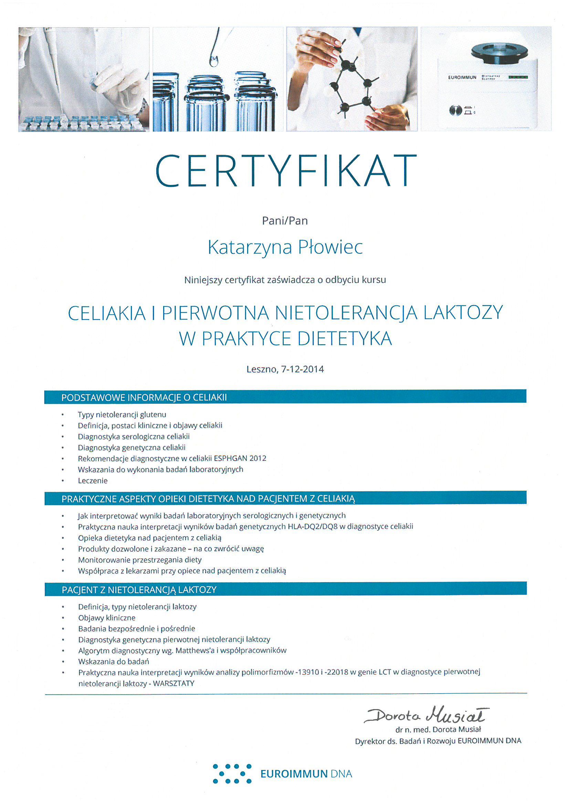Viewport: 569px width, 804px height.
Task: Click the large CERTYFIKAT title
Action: (285, 171)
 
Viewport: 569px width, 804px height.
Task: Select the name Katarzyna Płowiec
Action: (285, 247)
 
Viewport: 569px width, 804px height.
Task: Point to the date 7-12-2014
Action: (302, 369)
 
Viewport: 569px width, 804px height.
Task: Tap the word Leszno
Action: (262, 369)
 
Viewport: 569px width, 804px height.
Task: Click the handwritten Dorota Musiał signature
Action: (426, 715)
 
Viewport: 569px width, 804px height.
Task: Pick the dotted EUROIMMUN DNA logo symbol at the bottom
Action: (232, 773)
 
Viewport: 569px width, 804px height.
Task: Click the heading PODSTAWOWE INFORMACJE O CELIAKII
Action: (144, 398)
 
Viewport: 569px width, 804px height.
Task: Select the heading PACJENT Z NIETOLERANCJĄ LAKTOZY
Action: (139, 590)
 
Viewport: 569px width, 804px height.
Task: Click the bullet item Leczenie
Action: (93, 480)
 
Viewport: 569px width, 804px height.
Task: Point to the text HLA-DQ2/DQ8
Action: (312, 526)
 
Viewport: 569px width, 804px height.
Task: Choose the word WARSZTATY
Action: (173, 683)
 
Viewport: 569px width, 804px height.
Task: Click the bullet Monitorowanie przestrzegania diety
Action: (139, 559)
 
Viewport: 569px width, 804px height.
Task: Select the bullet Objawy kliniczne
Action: (107, 618)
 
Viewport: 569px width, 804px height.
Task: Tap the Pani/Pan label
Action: (285, 221)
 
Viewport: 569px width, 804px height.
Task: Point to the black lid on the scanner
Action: (499, 53)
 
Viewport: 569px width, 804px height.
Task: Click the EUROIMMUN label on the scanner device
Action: (462, 77)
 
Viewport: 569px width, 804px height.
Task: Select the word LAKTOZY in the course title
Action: (463, 313)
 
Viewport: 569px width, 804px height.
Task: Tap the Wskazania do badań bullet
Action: (114, 662)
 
